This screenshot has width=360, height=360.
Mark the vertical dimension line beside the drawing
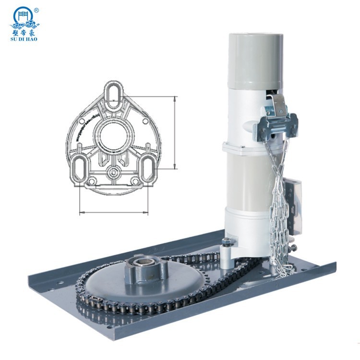tap(175, 132)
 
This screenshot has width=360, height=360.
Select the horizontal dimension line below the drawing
tap(114, 211)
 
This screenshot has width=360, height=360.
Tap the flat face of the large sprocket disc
tap(106, 283)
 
